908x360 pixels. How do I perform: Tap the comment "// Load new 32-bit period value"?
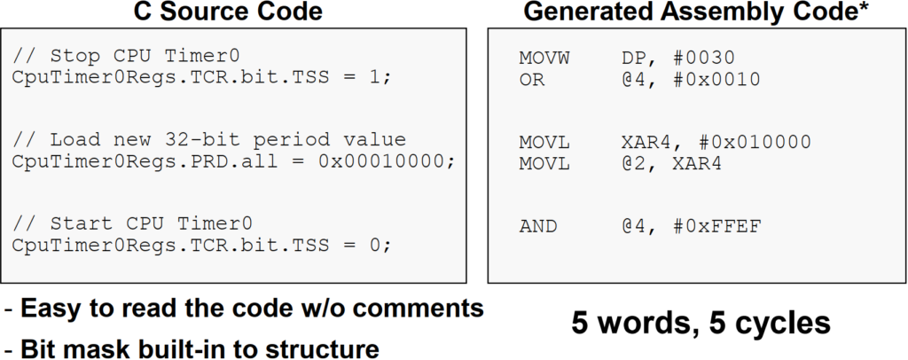[x=208, y=141]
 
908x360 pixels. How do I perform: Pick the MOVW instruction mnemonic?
[x=544, y=59]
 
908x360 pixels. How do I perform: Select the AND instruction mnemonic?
[x=537, y=226]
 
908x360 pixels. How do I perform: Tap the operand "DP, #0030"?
[x=678, y=59]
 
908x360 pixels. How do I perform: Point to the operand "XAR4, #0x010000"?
[x=716, y=142]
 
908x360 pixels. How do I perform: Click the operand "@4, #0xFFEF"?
[x=689, y=226]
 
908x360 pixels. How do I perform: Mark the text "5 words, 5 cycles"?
[x=701, y=322]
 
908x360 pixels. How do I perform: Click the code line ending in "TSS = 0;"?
[x=200, y=244]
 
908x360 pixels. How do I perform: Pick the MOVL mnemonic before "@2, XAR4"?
[x=544, y=162]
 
